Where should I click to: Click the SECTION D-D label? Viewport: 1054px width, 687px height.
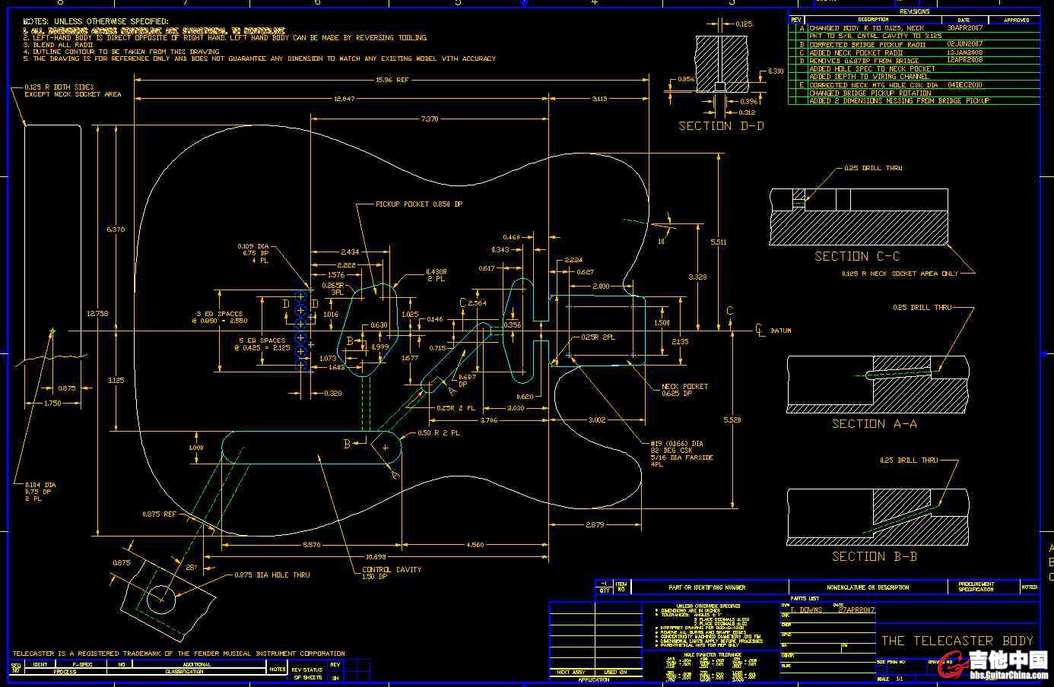[x=721, y=126]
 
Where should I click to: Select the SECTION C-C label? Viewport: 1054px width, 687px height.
[x=857, y=256]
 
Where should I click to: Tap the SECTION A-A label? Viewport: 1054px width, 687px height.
[x=875, y=424]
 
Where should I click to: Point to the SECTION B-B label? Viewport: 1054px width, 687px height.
[x=875, y=556]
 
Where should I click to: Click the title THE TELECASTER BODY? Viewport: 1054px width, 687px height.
[x=957, y=641]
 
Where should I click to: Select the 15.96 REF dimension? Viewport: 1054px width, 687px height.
[x=392, y=80]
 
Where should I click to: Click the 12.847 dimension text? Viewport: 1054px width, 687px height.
[x=344, y=100]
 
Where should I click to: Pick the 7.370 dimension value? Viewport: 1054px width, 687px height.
[x=429, y=119]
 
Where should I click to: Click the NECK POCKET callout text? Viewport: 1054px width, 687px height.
[x=684, y=390]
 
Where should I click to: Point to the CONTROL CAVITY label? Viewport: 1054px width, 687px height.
[x=392, y=573]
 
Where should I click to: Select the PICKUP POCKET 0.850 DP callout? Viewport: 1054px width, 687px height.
[x=419, y=204]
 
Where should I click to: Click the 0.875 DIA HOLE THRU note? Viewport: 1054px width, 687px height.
[x=271, y=575]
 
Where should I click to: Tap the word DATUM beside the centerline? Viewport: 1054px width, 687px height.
[x=781, y=331]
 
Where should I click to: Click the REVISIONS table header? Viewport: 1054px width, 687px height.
[x=914, y=11]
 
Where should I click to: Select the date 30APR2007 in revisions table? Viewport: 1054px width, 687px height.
[x=964, y=28]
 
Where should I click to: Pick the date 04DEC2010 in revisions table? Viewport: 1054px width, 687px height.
[x=964, y=85]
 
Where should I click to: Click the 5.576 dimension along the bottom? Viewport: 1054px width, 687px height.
[x=311, y=545]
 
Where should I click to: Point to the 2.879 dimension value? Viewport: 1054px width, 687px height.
[x=595, y=525]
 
